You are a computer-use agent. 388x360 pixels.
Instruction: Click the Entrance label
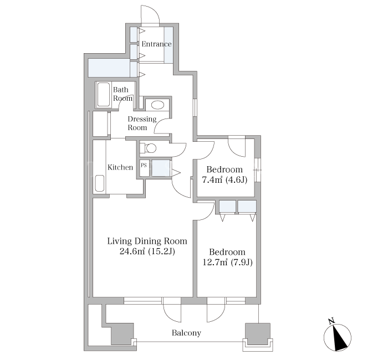click(156, 44)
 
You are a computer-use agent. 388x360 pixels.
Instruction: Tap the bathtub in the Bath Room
click(104, 95)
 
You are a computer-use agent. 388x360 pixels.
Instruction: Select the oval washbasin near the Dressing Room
click(157, 105)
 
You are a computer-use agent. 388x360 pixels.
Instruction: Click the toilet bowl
click(151, 148)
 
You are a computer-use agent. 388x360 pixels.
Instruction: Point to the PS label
click(144, 165)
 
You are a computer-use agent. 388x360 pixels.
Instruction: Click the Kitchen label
click(120, 167)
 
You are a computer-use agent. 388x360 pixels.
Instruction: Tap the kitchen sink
click(99, 183)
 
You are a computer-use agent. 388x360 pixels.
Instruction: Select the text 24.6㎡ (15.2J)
click(147, 251)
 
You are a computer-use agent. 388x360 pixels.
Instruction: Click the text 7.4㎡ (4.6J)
click(224, 180)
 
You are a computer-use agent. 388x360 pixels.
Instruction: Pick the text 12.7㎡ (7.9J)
click(227, 262)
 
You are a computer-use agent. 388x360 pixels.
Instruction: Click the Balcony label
click(186, 333)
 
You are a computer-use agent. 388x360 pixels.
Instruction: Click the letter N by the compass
click(331, 321)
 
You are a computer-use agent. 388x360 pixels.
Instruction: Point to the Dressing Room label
click(142, 124)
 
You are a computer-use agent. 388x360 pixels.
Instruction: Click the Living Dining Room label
click(147, 241)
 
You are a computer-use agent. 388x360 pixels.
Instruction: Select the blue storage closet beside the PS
click(161, 168)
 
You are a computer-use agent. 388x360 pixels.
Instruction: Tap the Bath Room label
click(122, 94)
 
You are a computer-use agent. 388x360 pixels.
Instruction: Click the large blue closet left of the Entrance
click(109, 68)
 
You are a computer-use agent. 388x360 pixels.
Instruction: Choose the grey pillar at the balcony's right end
click(257, 333)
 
